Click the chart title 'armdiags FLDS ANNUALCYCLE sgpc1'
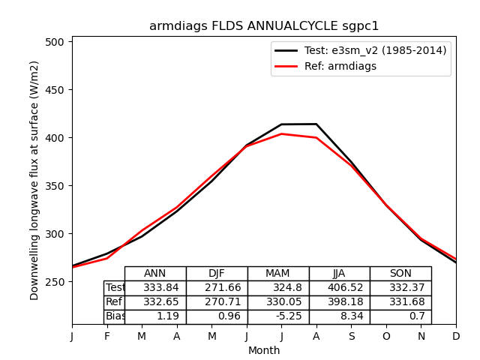coord(264,26)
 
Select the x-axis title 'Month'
coord(264,350)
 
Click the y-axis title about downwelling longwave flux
coord(34,180)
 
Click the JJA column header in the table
coord(339,274)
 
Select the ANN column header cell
coord(155,274)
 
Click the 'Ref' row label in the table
coord(114,302)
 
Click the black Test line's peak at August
coord(316,124)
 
